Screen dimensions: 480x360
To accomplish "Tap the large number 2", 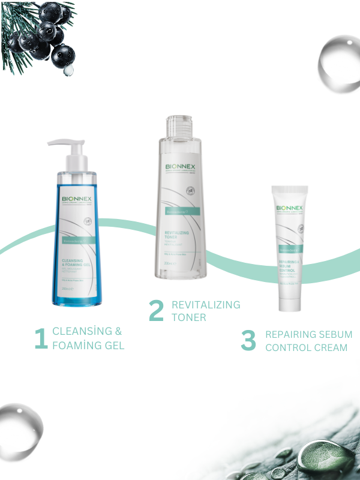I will coord(156,310).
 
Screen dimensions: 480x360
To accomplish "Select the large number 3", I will coord(248,340).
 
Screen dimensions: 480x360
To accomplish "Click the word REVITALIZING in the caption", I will coord(206,305).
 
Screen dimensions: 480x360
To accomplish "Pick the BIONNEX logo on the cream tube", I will coord(289,208).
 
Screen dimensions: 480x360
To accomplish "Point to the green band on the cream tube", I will coord(289,248).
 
